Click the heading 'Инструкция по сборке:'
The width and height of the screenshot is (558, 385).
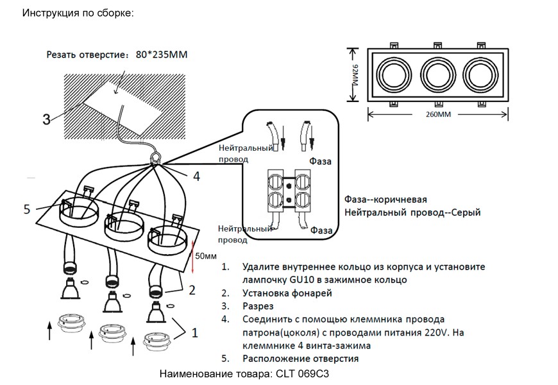(78, 13)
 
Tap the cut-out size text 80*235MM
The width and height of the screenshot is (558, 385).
(162, 56)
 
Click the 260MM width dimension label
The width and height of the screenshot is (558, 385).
(437, 116)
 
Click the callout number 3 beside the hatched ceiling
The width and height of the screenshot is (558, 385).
(46, 119)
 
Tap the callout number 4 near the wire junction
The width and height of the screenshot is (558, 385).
(197, 176)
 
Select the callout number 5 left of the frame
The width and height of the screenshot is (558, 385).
(27, 209)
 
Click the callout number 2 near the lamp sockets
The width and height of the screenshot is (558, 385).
(191, 290)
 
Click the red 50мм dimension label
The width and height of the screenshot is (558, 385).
(206, 255)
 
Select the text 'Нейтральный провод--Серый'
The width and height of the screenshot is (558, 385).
(412, 212)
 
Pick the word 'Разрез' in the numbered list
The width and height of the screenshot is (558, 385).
(258, 306)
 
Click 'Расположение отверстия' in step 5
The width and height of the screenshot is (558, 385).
(300, 358)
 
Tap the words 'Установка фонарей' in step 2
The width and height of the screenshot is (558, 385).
(287, 293)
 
